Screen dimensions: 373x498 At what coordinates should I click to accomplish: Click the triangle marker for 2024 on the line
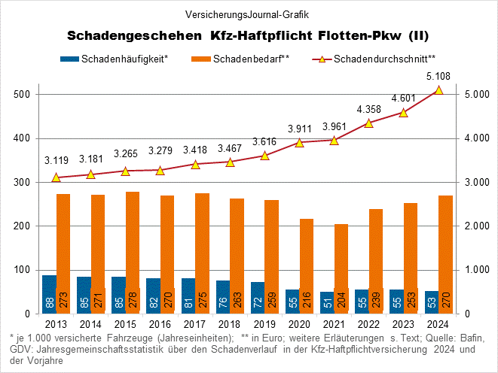coord(438,90)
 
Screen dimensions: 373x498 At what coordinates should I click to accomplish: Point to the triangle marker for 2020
coord(299,142)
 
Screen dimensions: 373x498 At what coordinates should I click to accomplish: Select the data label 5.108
coord(438,75)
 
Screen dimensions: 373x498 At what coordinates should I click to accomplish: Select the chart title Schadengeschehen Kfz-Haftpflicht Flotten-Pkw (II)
coord(248,35)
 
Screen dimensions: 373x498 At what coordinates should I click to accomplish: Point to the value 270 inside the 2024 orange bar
coord(446,299)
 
